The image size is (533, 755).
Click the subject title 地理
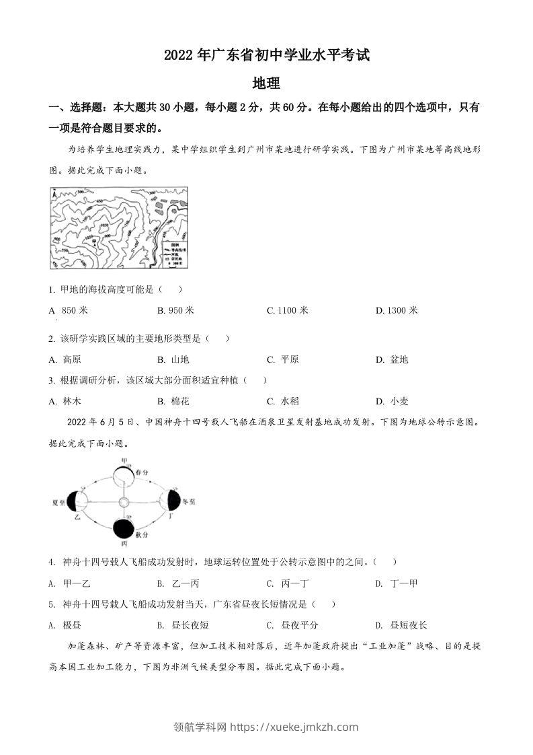point(265,84)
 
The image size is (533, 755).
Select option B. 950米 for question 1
point(175,310)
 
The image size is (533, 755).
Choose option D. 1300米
point(397,310)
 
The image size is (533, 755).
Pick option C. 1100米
point(287,310)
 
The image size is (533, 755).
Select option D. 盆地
point(392,359)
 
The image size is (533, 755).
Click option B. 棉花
point(173,401)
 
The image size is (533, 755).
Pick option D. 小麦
point(392,401)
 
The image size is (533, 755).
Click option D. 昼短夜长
point(401,625)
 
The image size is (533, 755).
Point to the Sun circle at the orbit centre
point(123,503)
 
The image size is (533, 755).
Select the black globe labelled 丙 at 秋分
point(122,529)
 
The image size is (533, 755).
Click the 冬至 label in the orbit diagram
point(189,501)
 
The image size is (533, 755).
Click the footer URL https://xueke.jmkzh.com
point(294,727)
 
